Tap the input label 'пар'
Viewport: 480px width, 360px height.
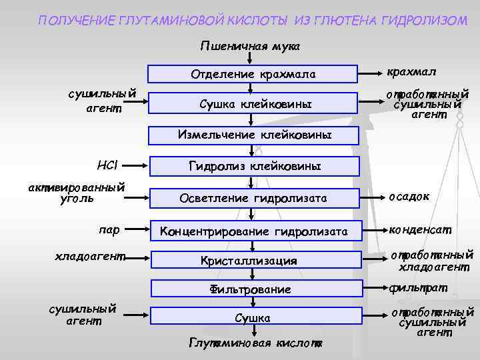tap(109, 230)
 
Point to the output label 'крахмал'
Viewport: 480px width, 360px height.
tap(414, 71)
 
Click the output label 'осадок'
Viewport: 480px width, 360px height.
tap(409, 196)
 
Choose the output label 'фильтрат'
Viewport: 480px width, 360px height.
tap(418, 288)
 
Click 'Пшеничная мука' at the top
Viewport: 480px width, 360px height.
tap(250, 47)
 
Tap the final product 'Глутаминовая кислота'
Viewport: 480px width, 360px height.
tap(255, 343)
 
